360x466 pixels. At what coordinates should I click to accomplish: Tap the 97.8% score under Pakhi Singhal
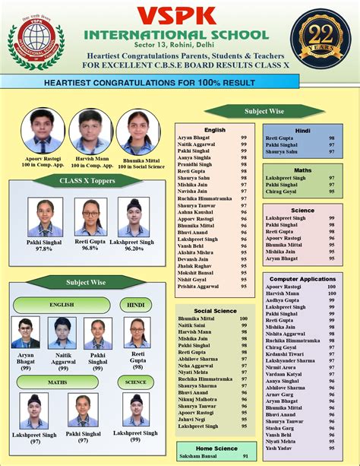point(44,249)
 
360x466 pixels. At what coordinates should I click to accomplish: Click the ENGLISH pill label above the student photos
point(61,304)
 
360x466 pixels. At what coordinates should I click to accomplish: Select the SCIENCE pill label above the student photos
point(137,382)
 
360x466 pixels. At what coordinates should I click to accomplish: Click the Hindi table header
point(302,130)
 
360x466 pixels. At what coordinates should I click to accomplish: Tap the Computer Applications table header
point(302,279)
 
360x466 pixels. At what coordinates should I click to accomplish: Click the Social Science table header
point(215,310)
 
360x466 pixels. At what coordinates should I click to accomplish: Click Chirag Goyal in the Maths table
point(281,191)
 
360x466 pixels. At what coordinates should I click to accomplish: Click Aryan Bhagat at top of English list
point(196,137)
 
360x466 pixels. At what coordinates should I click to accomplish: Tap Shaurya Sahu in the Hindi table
point(282,151)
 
